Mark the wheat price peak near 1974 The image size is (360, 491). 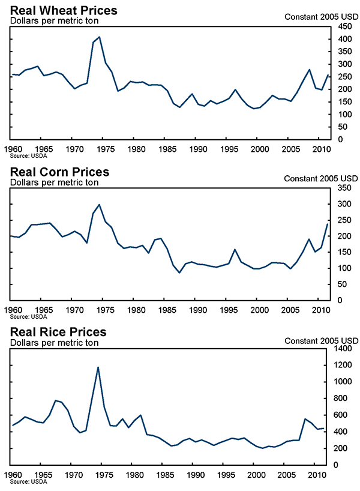pyautogui.click(x=99, y=37)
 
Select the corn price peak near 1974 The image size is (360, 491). pyautogui.click(x=99, y=205)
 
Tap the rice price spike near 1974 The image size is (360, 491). pyautogui.click(x=98, y=367)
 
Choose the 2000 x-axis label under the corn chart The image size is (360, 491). pyautogui.click(x=258, y=310)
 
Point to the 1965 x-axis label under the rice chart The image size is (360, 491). pyautogui.click(x=43, y=475)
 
